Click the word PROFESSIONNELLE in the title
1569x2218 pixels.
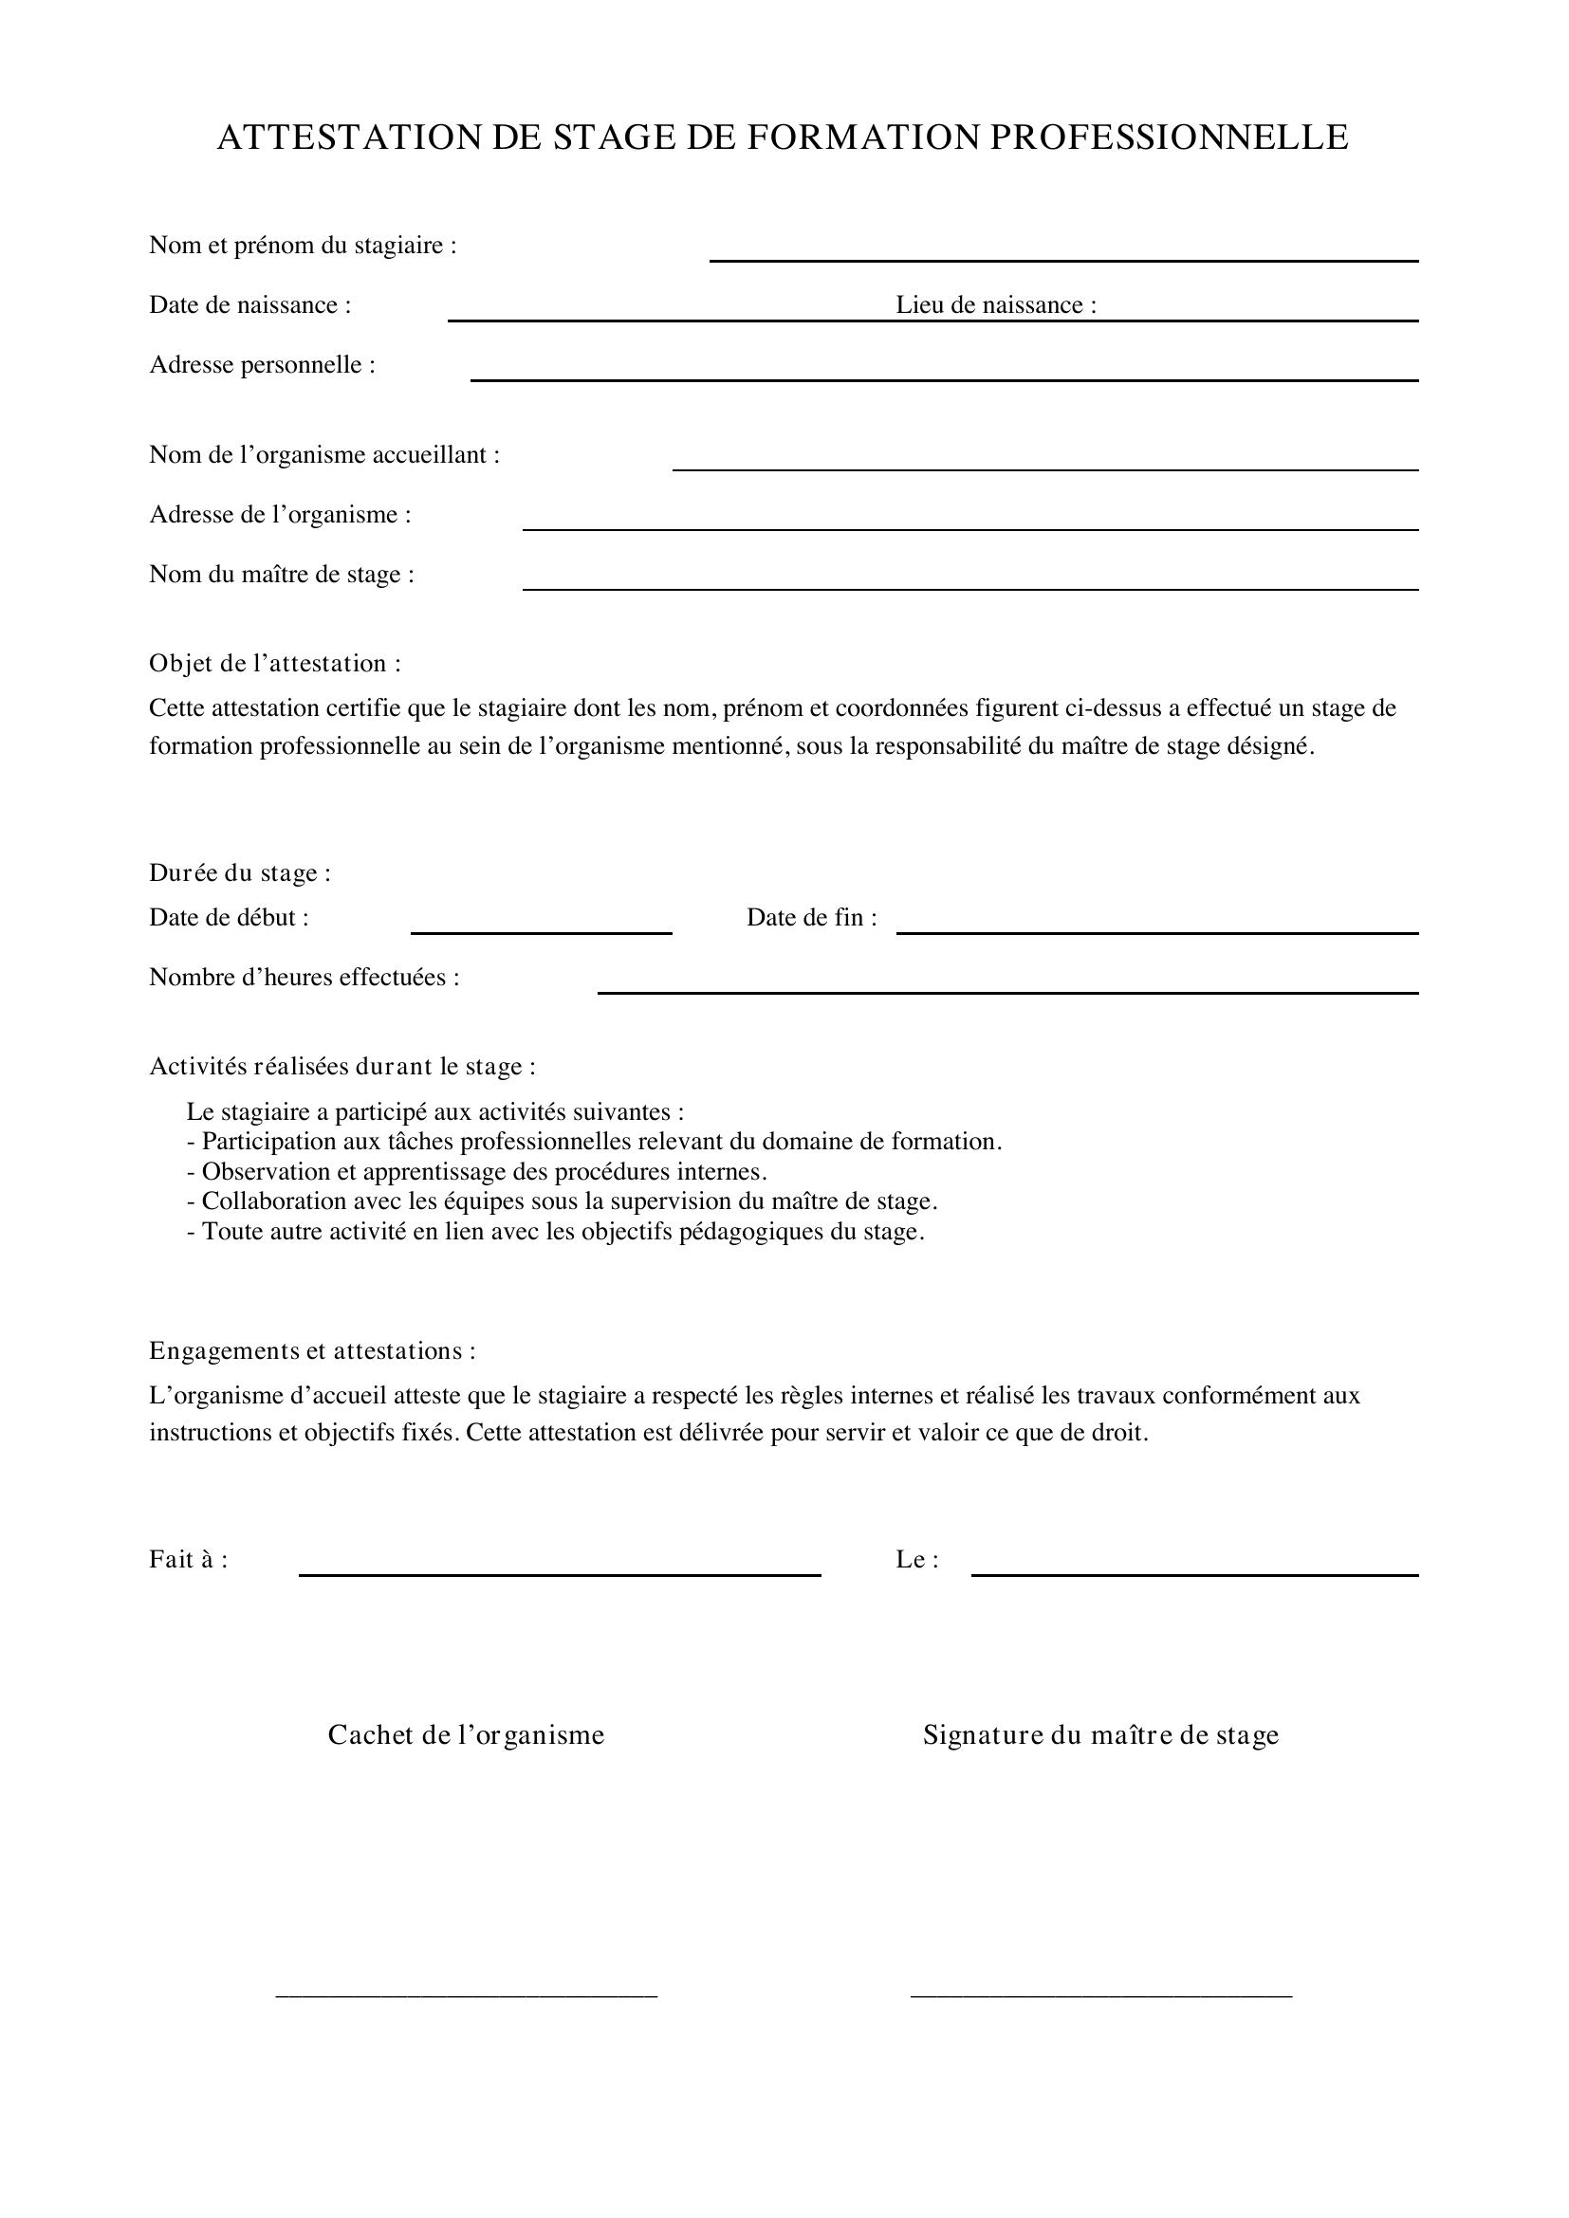pos(1169,138)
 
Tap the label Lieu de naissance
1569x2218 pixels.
pos(995,305)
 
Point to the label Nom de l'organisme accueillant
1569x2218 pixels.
pos(324,455)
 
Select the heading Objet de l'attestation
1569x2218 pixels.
pos(274,664)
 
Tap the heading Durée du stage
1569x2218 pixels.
pos(240,873)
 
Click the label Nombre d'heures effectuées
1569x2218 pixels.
pos(305,978)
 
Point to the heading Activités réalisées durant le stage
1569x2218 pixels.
pos(342,1067)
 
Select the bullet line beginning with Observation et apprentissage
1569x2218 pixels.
pos(477,1172)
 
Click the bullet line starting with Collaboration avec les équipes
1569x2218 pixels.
pos(563,1201)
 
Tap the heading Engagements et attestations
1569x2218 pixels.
pos(312,1350)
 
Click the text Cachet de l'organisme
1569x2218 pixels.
pos(466,1735)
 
